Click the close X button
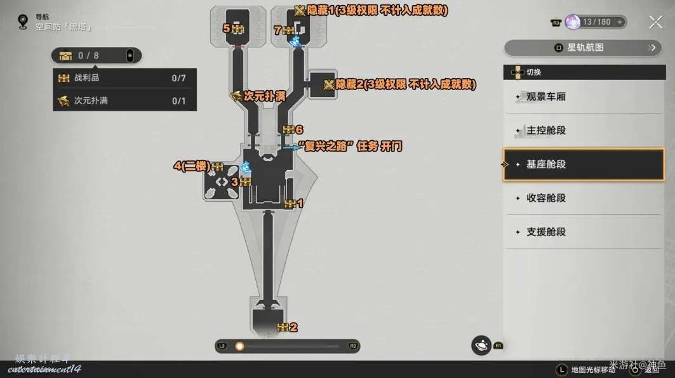click(655, 23)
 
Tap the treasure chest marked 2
click(283, 327)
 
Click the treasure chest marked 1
click(290, 204)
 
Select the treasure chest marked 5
click(237, 29)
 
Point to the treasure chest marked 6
click(288, 130)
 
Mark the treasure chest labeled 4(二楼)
click(217, 167)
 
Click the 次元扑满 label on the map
click(264, 96)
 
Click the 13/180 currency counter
click(595, 22)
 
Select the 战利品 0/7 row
click(124, 78)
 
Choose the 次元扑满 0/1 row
click(124, 100)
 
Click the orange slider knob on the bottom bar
click(239, 346)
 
